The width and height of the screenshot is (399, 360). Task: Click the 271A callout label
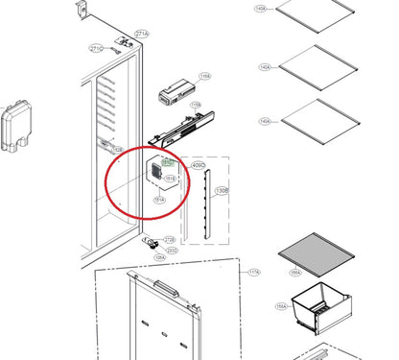click(141, 34)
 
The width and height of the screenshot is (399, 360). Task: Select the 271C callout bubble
click(97, 47)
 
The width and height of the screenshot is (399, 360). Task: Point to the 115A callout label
click(196, 105)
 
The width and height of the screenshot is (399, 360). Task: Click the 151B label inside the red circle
click(171, 179)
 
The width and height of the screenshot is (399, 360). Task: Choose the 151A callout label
click(158, 200)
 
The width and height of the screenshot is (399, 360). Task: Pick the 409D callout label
click(200, 166)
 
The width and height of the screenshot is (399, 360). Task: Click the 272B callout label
click(169, 238)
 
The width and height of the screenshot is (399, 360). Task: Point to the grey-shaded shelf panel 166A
click(317, 252)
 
